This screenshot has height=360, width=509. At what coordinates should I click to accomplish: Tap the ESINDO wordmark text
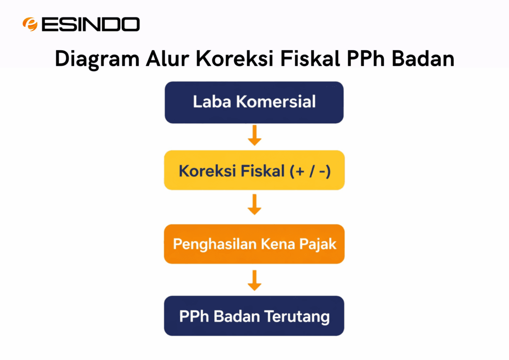pos(90,24)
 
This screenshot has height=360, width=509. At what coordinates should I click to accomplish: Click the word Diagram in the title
pos(97,58)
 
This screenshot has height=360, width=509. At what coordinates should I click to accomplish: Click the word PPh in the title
pos(366,58)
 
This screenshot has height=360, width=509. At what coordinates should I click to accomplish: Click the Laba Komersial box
pos(254,102)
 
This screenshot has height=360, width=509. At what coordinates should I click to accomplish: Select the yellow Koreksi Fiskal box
pos(254,170)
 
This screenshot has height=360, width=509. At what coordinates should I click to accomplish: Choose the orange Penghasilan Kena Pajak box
pos(254,244)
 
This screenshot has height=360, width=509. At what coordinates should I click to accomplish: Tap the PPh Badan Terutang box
pos(254,316)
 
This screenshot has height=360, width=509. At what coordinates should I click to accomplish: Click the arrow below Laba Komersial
pos(254,136)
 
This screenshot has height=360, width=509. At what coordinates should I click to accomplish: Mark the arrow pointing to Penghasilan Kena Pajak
pos(254,204)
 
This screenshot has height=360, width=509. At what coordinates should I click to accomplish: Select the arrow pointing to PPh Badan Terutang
pos(254,280)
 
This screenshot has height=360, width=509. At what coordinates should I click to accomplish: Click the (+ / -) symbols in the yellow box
pos(310,171)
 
